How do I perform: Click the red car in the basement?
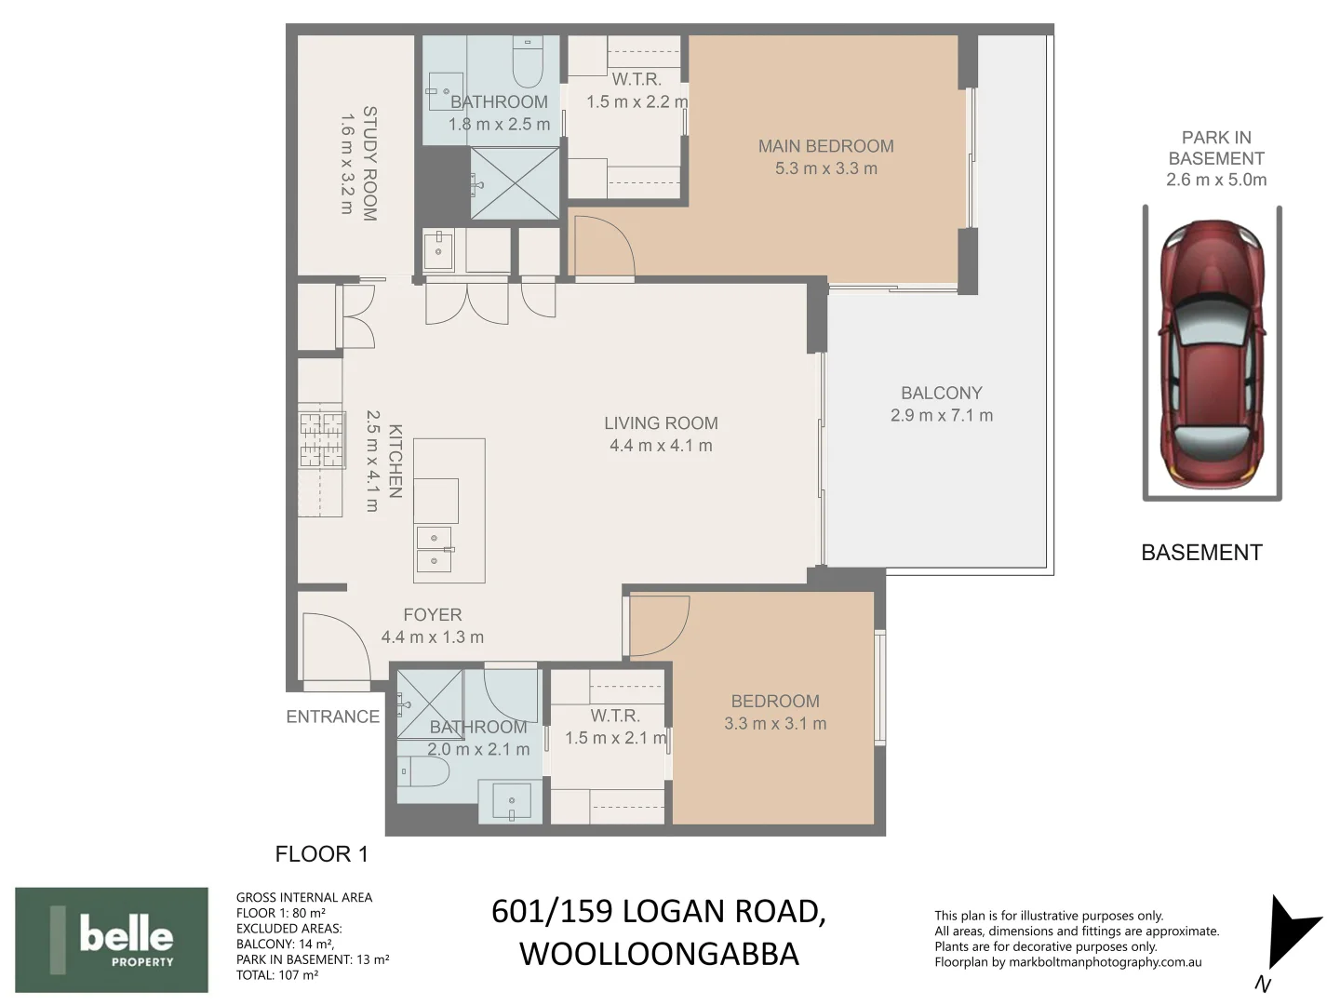pyautogui.click(x=1213, y=354)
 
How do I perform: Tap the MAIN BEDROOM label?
pyautogui.click(x=825, y=146)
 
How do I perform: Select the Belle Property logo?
pyautogui.click(x=112, y=939)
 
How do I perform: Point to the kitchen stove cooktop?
pyautogui.click(x=321, y=438)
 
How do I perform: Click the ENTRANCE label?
pyautogui.click(x=332, y=717)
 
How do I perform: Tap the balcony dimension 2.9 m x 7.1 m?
pyautogui.click(x=941, y=416)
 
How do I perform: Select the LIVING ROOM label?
pyautogui.click(x=661, y=423)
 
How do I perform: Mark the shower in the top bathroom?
pyautogui.click(x=515, y=183)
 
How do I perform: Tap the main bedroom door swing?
pyautogui.click(x=604, y=246)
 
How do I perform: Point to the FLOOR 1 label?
pyautogui.click(x=321, y=854)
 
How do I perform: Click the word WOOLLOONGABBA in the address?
pyautogui.click(x=659, y=955)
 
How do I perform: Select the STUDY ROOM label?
pyautogui.click(x=369, y=164)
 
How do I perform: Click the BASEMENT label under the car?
pyautogui.click(x=1201, y=553)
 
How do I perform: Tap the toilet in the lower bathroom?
pyautogui.click(x=425, y=771)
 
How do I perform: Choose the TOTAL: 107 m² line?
pyautogui.click(x=277, y=975)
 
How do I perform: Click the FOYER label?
pyautogui.click(x=432, y=615)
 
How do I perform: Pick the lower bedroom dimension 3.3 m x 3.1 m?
pyautogui.click(x=775, y=724)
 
